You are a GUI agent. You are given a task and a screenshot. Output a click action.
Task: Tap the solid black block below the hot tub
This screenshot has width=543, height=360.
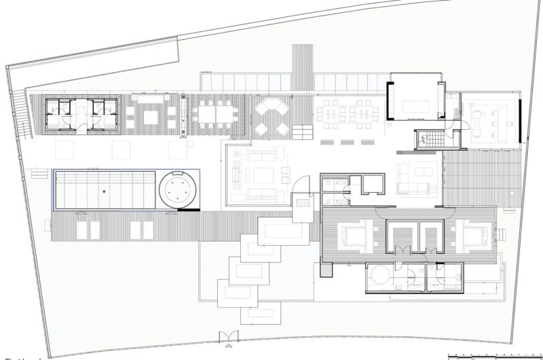pos(187,210)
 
